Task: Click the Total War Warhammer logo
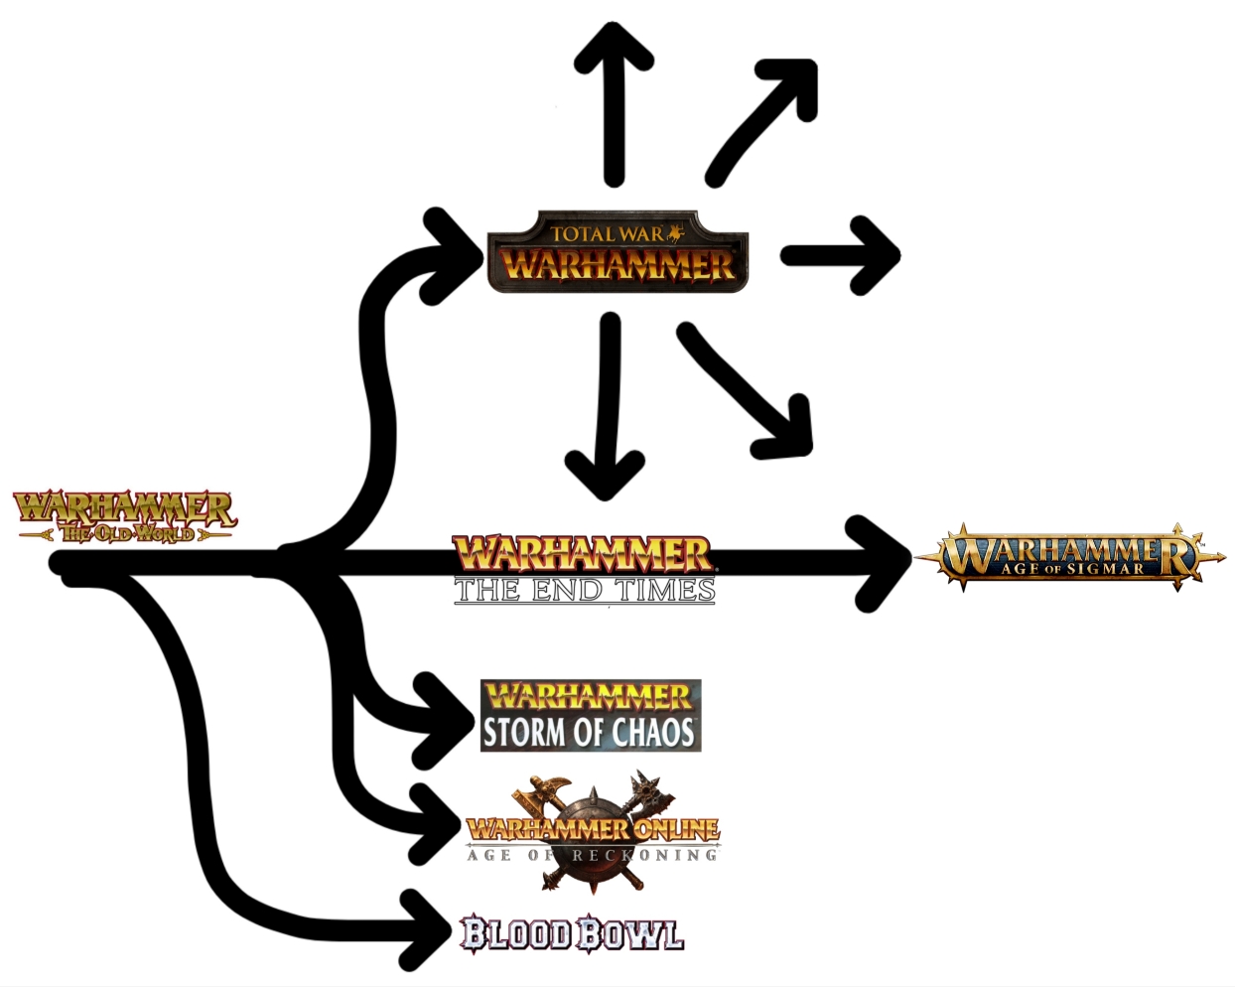(617, 252)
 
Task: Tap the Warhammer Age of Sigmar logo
(1068, 556)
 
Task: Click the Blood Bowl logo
(572, 934)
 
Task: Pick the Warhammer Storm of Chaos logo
(591, 715)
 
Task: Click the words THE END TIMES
(584, 591)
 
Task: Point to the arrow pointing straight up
(614, 99)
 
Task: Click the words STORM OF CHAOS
(589, 733)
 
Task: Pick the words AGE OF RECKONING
(592, 855)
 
